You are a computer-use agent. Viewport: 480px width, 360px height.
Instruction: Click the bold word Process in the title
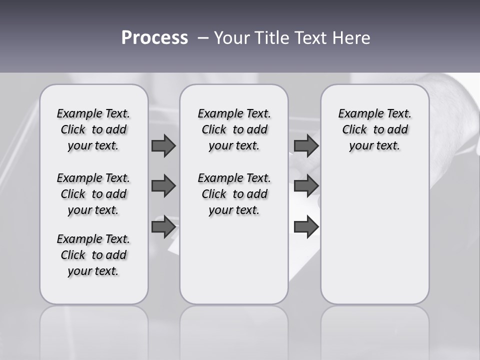click(x=154, y=38)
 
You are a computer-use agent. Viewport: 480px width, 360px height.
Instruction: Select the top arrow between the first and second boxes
click(x=163, y=145)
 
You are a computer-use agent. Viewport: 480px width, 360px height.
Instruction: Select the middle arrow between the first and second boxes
click(x=163, y=186)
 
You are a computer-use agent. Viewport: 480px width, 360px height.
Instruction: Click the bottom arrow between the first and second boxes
click(x=163, y=227)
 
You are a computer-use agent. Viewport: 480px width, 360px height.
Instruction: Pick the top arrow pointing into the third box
click(x=306, y=145)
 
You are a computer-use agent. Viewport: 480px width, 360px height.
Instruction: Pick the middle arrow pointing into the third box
click(x=306, y=186)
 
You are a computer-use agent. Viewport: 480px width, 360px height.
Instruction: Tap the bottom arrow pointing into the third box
click(x=306, y=227)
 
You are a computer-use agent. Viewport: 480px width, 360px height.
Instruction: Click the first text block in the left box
click(x=93, y=129)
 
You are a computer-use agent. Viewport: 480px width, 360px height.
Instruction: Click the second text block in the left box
click(x=93, y=194)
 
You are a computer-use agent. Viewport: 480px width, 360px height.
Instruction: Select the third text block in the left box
click(x=93, y=255)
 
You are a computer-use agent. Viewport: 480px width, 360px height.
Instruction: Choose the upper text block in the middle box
click(x=234, y=129)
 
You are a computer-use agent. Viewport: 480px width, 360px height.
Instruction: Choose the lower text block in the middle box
click(x=234, y=194)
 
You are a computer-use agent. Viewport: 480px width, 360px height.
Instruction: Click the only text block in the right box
click(x=374, y=129)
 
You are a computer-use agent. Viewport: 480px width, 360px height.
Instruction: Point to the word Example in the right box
click(x=356, y=114)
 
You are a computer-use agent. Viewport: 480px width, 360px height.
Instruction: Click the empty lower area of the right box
click(x=374, y=235)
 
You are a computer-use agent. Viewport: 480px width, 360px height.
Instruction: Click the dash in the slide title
click(x=202, y=38)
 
